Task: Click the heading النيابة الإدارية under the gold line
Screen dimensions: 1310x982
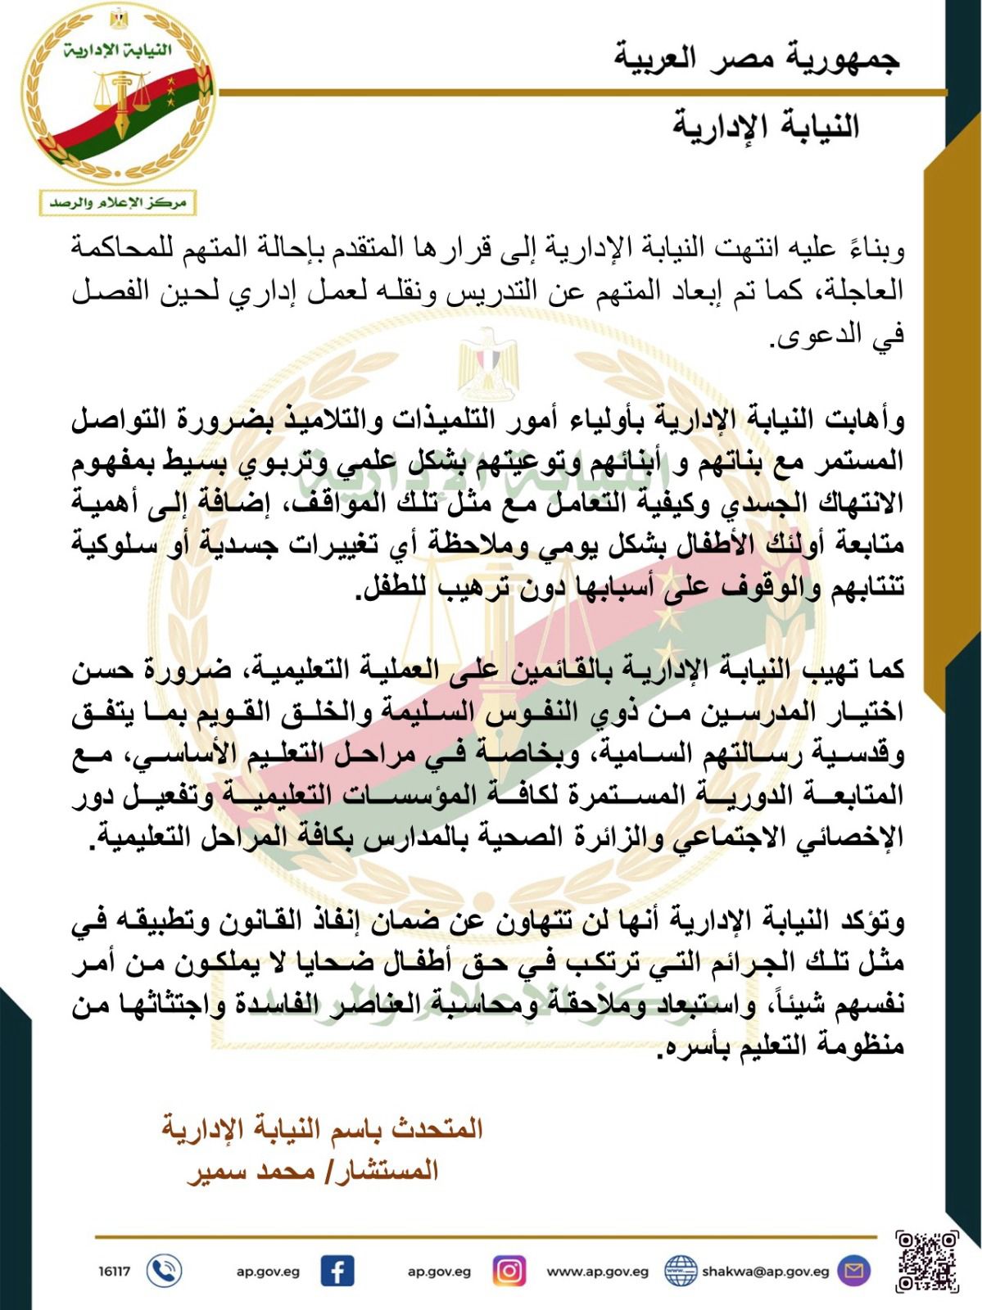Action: pyautogui.click(x=766, y=127)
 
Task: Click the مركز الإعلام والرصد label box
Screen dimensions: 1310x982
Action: pyautogui.click(x=118, y=202)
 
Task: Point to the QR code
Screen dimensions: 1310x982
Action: pyautogui.click(x=926, y=1262)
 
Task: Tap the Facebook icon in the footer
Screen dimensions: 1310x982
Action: pyautogui.click(x=337, y=1272)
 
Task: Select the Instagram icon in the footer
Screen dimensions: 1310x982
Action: pyautogui.click(x=509, y=1272)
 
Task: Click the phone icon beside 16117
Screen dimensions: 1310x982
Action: pyautogui.click(x=164, y=1272)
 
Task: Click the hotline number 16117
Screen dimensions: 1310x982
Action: pyautogui.click(x=115, y=1272)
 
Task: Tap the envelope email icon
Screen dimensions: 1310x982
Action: pyautogui.click(x=854, y=1272)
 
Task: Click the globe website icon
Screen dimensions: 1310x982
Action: pyautogui.click(x=680, y=1272)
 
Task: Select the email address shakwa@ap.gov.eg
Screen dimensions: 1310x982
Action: pyautogui.click(x=766, y=1272)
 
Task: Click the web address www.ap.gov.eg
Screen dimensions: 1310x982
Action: pyautogui.click(x=597, y=1272)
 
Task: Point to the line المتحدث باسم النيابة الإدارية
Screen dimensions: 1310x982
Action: pyautogui.click(x=322, y=1129)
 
